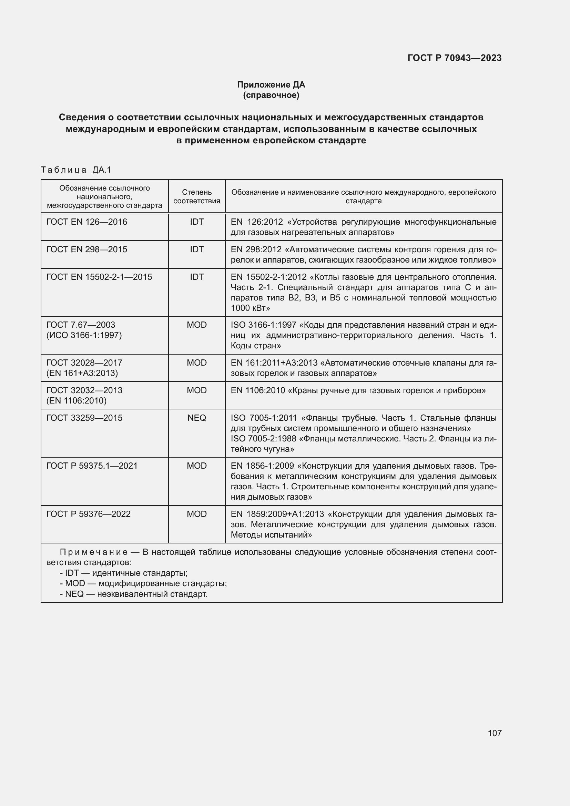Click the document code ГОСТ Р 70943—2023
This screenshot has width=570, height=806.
pyautogui.click(x=454, y=58)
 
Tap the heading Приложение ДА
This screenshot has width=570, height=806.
pyautogui.click(x=271, y=85)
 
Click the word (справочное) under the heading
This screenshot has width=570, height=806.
pyautogui.click(x=271, y=95)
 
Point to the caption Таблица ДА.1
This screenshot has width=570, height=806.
pyautogui.click(x=76, y=170)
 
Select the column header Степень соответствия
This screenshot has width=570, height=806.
pyautogui.click(x=196, y=196)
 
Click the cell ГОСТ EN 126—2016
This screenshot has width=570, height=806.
pyautogui.click(x=87, y=222)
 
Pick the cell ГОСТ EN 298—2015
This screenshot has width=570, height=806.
pyautogui.click(x=87, y=249)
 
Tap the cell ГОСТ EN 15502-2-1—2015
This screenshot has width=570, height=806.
pyautogui.click(x=99, y=277)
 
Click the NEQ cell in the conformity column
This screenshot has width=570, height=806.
pyautogui.click(x=196, y=418)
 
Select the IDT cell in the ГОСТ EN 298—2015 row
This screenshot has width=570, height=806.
pyautogui.click(x=196, y=249)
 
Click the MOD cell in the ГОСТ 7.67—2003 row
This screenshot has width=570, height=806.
pyautogui.click(x=196, y=325)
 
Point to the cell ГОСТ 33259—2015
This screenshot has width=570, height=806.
pyautogui.click(x=84, y=418)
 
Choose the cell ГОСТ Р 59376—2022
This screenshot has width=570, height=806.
pyautogui.click(x=88, y=514)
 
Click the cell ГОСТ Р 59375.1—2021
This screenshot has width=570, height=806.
pyautogui.click(x=92, y=466)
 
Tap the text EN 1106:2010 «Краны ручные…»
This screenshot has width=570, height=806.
pyautogui.click(x=358, y=390)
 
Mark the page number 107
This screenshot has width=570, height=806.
pyautogui.click(x=494, y=733)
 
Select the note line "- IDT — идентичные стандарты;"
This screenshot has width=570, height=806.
pyautogui.click(x=124, y=573)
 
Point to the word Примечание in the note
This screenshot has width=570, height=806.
pyautogui.click(x=94, y=552)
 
